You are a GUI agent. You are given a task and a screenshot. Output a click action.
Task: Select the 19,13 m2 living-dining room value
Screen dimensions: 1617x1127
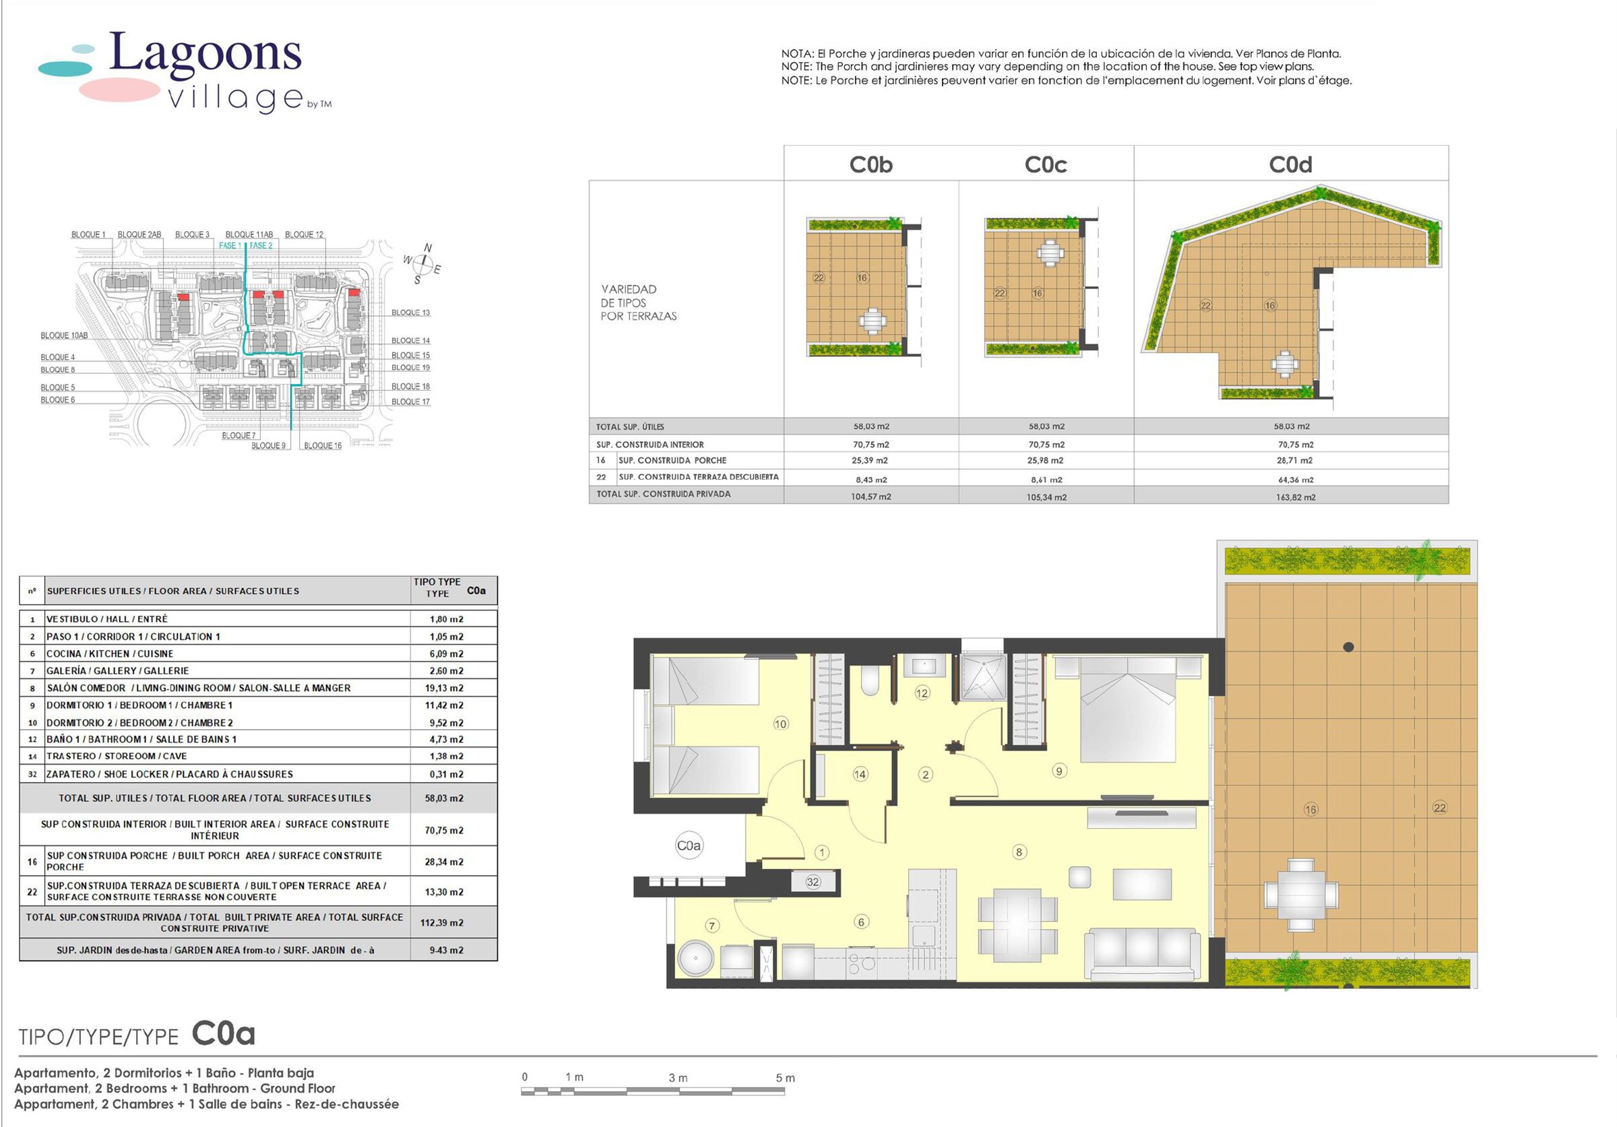(x=447, y=688)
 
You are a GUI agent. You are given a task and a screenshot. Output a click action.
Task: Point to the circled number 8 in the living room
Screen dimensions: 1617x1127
(x=1018, y=852)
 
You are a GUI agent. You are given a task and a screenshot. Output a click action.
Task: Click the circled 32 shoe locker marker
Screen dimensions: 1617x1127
(x=813, y=882)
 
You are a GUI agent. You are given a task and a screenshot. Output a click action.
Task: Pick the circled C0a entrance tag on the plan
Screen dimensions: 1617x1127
(x=689, y=845)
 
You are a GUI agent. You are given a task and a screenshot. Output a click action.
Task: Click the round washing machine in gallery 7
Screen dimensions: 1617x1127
(x=696, y=959)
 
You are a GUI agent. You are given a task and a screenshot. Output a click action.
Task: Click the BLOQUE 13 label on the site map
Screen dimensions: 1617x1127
(x=410, y=313)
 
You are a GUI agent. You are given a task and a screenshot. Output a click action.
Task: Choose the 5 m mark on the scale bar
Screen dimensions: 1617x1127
(x=786, y=1078)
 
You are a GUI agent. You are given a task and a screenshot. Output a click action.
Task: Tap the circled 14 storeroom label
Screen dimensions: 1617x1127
(x=860, y=774)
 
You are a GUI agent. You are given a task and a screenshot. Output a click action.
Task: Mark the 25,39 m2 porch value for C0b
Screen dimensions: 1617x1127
(x=870, y=460)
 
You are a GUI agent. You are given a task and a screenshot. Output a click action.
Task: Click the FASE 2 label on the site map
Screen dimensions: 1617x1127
(x=261, y=246)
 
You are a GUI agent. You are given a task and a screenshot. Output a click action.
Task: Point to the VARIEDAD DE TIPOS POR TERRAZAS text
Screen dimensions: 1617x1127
(x=638, y=302)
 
